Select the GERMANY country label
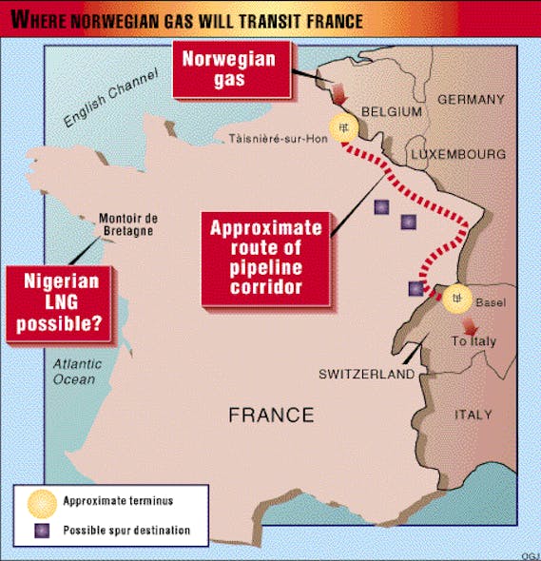471,100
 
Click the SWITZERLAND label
366,375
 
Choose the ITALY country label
473,415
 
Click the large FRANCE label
270,415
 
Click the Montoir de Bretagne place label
126,224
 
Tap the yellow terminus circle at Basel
456,299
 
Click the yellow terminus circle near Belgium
342,126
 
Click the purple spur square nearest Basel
415,288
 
